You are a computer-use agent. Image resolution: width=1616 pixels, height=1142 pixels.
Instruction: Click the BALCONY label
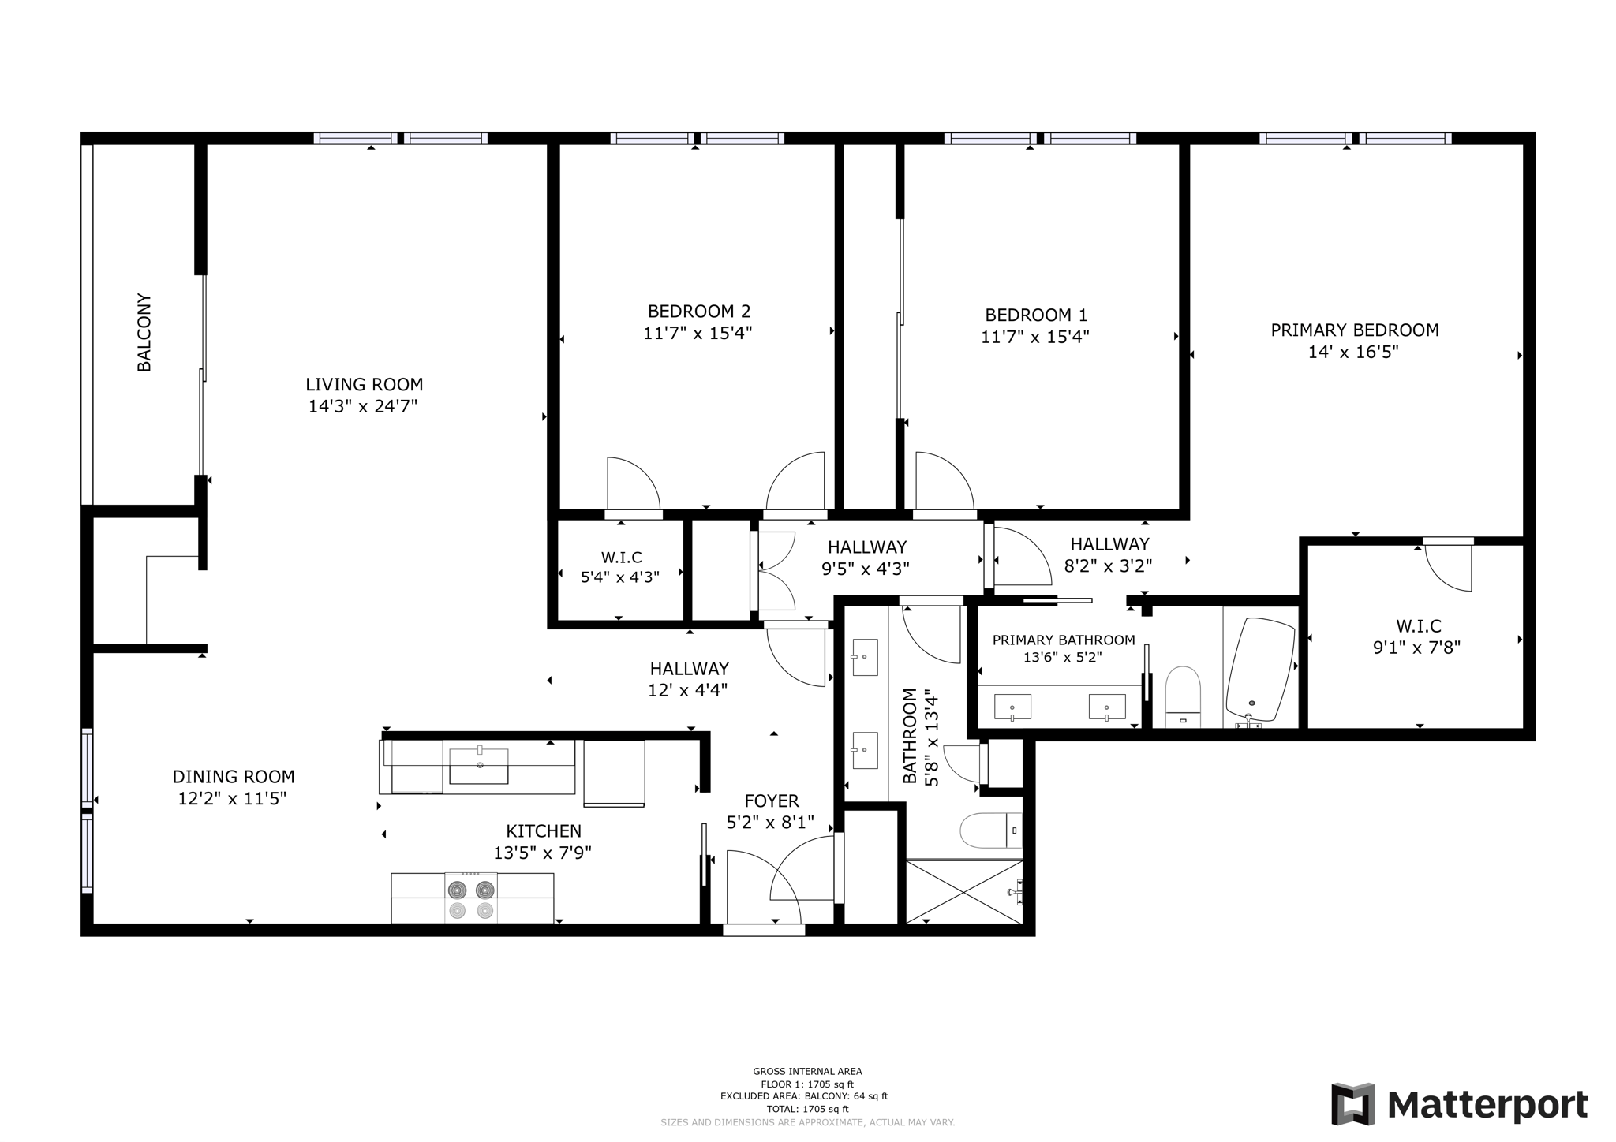tap(144, 332)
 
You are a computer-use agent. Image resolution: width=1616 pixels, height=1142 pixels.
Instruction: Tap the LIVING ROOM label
tap(365, 385)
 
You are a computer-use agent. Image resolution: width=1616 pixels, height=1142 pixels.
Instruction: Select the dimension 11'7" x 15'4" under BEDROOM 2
tap(698, 333)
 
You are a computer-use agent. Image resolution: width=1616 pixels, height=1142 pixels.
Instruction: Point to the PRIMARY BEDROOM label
tap(1354, 330)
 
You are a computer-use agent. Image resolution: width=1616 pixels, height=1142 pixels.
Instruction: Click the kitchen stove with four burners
tap(471, 898)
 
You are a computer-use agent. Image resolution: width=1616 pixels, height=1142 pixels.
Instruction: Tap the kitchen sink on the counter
tap(479, 766)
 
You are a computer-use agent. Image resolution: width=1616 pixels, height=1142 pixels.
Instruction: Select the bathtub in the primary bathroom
tap(1260, 670)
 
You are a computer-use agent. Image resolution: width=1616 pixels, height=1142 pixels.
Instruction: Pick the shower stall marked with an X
tap(964, 891)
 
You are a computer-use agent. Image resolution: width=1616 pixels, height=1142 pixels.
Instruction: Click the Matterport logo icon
tap(1353, 1104)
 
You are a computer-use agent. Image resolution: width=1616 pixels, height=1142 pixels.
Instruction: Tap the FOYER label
tap(772, 801)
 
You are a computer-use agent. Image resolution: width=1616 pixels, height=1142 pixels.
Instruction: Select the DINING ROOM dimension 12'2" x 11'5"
tap(232, 799)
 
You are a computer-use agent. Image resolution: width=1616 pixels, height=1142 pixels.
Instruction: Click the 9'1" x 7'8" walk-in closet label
tap(1418, 648)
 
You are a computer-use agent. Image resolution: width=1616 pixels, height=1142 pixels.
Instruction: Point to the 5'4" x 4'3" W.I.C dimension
tap(620, 577)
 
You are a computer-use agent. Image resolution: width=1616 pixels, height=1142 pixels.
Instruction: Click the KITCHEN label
tap(544, 831)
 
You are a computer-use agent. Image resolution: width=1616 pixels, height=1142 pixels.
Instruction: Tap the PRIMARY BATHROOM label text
tap(1064, 640)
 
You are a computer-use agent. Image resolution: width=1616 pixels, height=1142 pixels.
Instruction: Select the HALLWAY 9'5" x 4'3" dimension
tap(866, 568)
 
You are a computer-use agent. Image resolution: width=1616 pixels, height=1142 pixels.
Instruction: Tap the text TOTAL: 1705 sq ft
tap(807, 1109)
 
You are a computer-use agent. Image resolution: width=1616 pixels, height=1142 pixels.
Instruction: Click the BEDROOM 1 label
tap(1036, 315)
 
